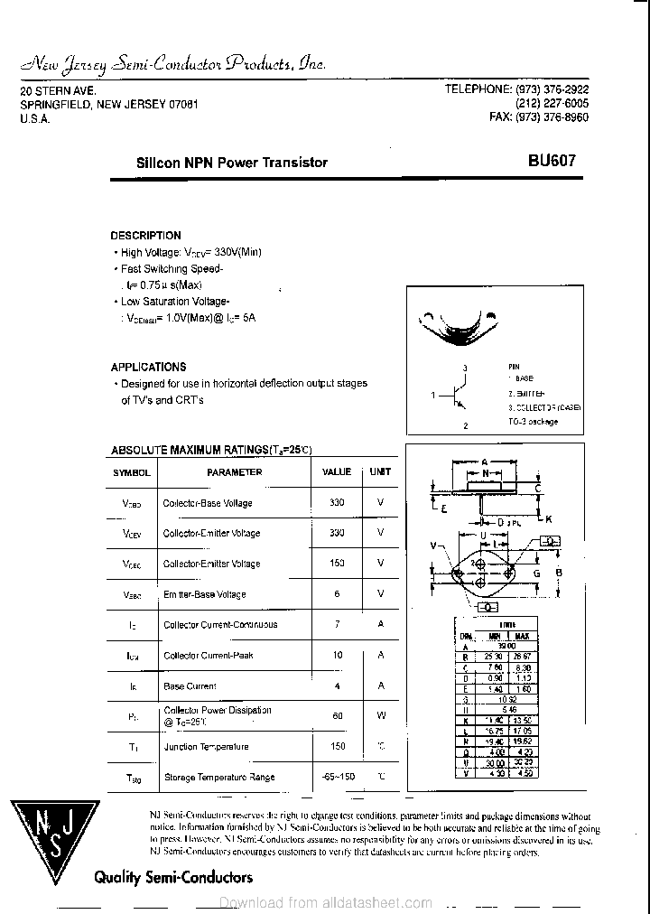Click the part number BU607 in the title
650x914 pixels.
(x=551, y=162)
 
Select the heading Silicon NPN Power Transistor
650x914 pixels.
(x=231, y=163)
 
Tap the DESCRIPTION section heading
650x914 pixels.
(x=145, y=236)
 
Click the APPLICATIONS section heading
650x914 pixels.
(x=148, y=367)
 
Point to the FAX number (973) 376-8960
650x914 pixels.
(x=539, y=117)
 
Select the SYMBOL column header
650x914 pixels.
(x=132, y=472)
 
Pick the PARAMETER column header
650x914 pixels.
(x=234, y=472)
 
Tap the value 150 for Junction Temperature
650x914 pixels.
(x=337, y=747)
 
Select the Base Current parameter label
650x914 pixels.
(x=189, y=686)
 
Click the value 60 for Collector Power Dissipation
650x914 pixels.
(x=337, y=715)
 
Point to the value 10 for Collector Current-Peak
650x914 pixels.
(x=337, y=655)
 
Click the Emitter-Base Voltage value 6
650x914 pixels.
(x=337, y=593)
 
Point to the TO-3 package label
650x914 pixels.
(x=533, y=422)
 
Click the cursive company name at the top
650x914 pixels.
(x=172, y=64)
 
